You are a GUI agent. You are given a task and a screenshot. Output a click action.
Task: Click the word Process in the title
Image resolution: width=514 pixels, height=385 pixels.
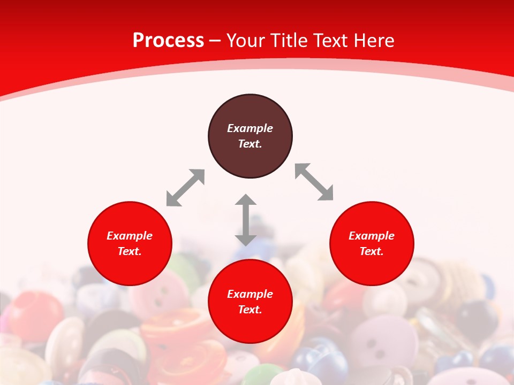[x=168, y=41]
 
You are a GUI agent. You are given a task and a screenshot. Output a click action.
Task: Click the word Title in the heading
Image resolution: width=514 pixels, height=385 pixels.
[x=289, y=41]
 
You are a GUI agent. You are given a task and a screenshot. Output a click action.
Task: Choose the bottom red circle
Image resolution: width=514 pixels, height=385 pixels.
[x=250, y=326]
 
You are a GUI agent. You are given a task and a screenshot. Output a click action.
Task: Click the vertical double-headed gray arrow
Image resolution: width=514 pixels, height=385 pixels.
[x=246, y=220]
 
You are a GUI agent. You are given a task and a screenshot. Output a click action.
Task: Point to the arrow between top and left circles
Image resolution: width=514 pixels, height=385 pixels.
[x=185, y=188]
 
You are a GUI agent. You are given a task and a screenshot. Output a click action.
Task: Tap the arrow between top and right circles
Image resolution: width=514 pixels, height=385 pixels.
[x=314, y=182]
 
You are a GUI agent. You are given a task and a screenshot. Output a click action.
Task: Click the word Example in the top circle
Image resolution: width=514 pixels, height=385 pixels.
[x=250, y=128]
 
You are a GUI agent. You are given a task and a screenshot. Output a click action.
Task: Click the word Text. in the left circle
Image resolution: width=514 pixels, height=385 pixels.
[x=130, y=251]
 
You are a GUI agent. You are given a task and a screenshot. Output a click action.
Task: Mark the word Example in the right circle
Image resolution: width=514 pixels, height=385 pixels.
[x=371, y=236]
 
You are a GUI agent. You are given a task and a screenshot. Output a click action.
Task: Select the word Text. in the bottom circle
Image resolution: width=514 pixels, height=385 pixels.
[x=250, y=310]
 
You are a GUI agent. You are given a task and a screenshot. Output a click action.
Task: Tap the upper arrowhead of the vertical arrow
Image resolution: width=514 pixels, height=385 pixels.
[x=246, y=201]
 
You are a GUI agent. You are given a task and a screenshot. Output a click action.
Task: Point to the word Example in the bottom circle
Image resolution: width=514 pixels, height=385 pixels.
[x=250, y=294]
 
